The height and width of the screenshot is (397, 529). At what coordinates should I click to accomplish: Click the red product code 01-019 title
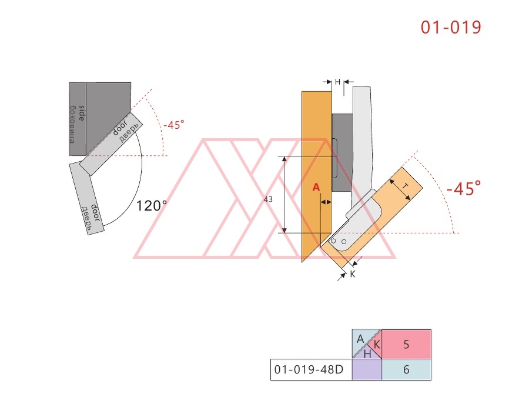point(451,27)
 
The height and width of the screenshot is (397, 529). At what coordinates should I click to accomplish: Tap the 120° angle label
point(152,205)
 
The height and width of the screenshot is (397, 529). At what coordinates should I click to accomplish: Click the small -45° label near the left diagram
point(174,125)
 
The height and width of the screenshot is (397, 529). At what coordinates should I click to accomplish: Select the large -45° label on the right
point(464,188)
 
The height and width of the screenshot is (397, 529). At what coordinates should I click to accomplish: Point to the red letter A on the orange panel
point(316,187)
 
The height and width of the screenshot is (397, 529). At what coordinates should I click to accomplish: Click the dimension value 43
point(268,199)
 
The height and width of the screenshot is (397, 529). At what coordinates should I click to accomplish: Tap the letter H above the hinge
point(337,82)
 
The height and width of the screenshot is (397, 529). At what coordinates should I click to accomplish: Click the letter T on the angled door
point(405,186)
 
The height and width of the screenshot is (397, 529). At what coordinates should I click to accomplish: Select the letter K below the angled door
point(353,274)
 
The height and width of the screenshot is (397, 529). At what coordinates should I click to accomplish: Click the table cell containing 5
point(406,344)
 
